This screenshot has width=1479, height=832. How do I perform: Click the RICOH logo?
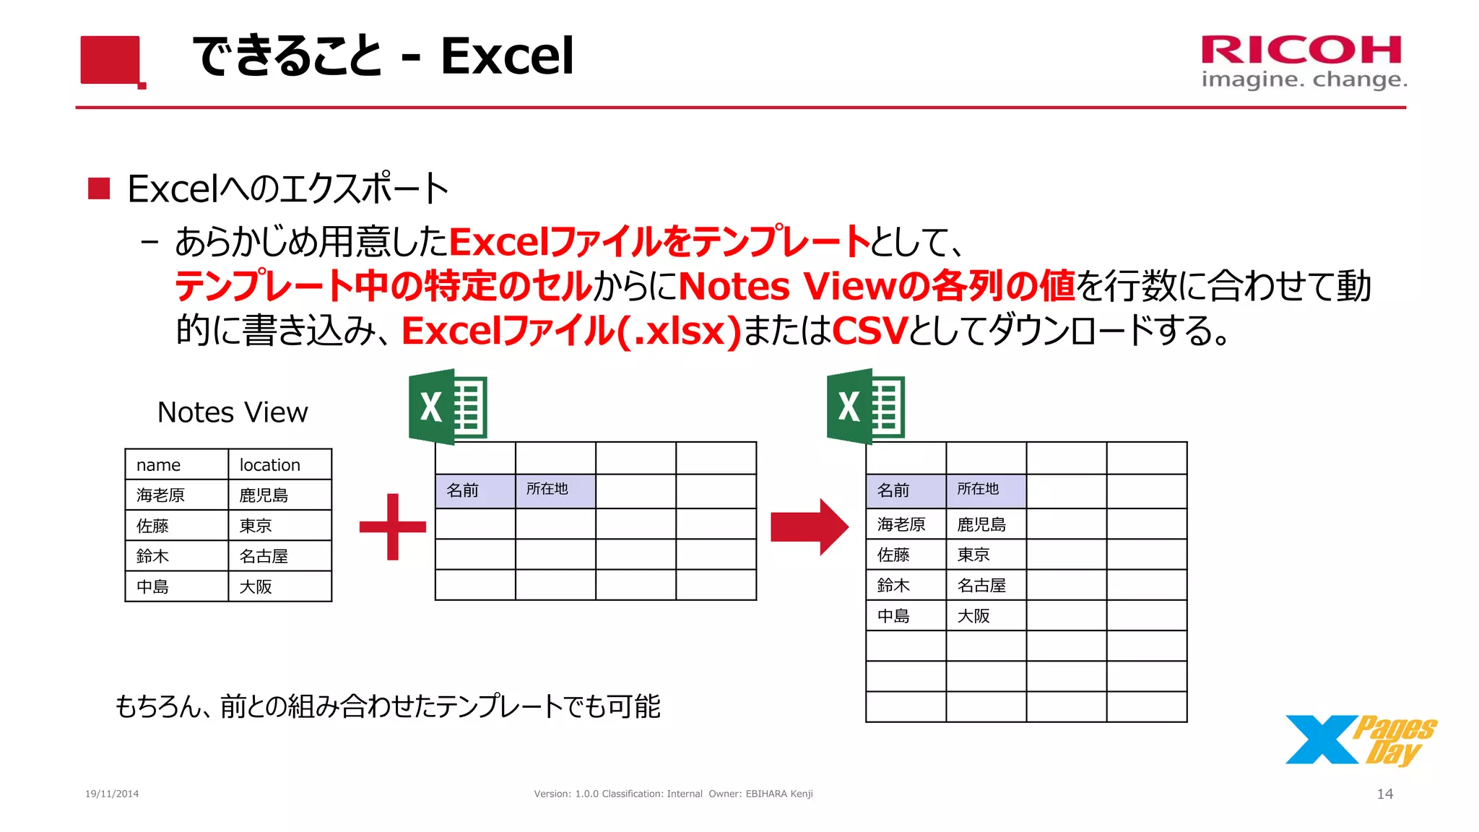pos(1303,61)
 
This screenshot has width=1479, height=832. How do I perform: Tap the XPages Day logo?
pos(1360,740)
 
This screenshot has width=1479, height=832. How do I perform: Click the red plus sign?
pos(393,526)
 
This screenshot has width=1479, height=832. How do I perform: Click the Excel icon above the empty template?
pos(448,407)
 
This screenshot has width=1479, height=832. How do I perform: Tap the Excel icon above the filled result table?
pos(865,407)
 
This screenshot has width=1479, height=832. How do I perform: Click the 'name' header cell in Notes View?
pos(177,464)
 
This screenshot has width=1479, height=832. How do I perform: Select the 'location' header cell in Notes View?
pos(279,464)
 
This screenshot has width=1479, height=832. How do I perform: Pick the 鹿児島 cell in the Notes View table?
pos(279,495)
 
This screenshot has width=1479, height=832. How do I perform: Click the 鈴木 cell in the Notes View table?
pos(177,556)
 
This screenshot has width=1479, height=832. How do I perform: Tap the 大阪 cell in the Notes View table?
pos(279,586)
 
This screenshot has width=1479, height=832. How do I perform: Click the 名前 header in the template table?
pos(475,490)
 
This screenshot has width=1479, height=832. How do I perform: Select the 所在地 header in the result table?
pos(986,490)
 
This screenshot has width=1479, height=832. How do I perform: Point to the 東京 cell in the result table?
pos(986,555)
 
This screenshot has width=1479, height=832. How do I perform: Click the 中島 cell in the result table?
pos(906,616)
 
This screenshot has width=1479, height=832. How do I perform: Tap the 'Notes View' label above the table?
pos(233,412)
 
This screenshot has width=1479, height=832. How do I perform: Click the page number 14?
pos(1384,794)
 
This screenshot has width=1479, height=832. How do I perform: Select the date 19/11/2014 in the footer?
pos(112,794)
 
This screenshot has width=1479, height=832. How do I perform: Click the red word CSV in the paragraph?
pos(869,331)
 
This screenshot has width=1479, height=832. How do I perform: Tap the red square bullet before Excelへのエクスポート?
pos(99,188)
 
